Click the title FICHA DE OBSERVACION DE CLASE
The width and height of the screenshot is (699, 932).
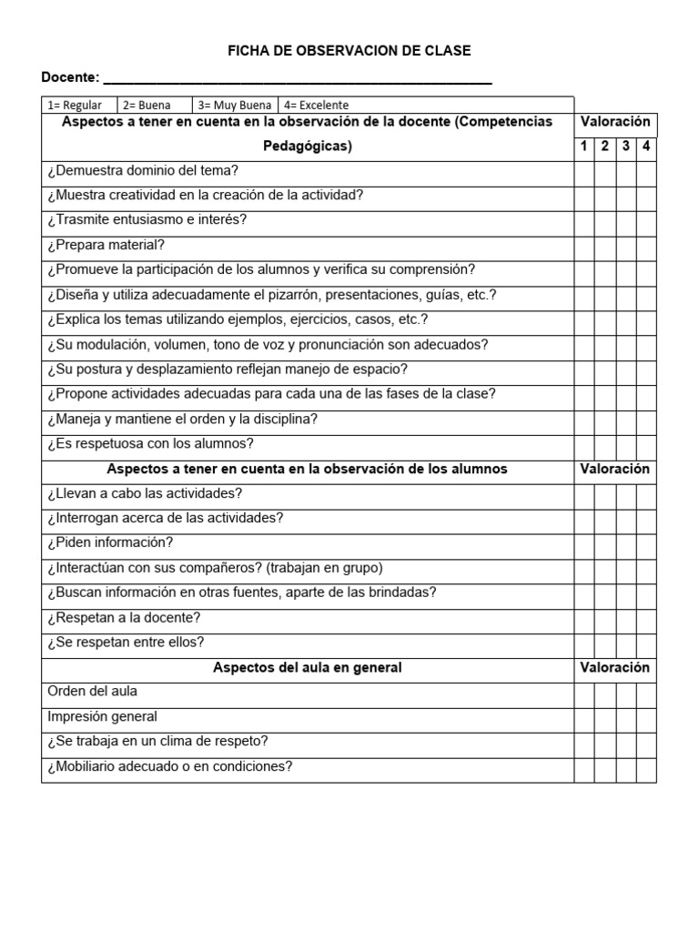(x=349, y=51)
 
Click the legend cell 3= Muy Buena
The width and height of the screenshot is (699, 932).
(x=234, y=105)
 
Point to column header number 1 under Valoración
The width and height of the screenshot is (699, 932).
(x=584, y=146)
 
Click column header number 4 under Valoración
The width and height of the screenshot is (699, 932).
(x=646, y=146)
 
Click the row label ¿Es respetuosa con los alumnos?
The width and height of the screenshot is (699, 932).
(x=150, y=444)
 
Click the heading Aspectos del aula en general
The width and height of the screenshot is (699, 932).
(x=308, y=667)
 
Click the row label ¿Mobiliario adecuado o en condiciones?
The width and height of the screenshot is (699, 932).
(x=169, y=766)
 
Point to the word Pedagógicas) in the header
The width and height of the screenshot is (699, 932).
(x=308, y=146)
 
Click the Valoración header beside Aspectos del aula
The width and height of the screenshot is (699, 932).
(x=615, y=667)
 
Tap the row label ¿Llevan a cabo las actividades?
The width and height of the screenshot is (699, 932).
(x=145, y=493)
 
